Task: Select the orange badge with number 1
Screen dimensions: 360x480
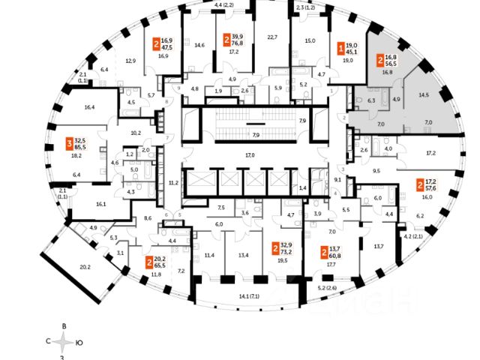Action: coord(341,47)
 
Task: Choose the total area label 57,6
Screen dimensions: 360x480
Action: coord(431,187)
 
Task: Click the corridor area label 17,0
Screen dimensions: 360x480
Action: coord(250,155)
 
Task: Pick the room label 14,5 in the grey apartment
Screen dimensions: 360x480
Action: coord(424,95)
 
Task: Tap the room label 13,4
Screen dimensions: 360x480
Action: coord(243,255)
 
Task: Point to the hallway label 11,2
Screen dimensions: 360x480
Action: coord(172,182)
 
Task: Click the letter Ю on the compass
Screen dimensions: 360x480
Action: coord(79,342)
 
